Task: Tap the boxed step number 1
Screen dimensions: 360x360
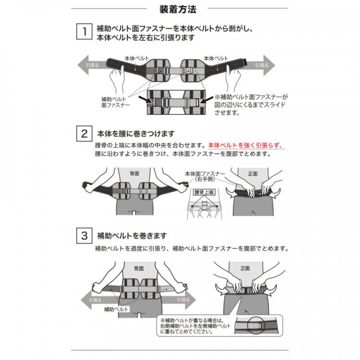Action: pyautogui.click(x=84, y=32)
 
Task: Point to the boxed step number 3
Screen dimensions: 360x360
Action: pyautogui.click(x=84, y=236)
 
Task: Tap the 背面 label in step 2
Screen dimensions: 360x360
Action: pyautogui.click(x=134, y=172)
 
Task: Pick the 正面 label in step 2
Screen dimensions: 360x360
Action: pyautogui.click(x=252, y=173)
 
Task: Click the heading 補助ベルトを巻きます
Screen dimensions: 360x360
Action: pyautogui.click(x=132, y=236)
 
